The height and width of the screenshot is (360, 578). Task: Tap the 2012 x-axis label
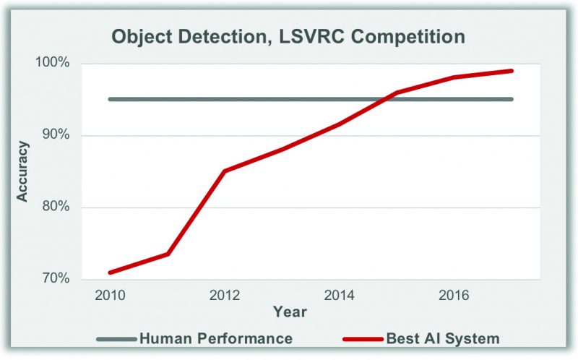click(224, 296)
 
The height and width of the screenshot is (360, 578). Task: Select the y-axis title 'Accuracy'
click(23, 171)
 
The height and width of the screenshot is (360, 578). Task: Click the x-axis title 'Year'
click(290, 312)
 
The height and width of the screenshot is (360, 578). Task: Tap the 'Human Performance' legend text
click(215, 338)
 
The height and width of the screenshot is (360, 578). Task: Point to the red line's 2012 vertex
click(224, 171)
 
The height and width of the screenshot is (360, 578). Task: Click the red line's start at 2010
click(110, 273)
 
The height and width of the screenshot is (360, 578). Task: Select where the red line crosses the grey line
click(387, 99)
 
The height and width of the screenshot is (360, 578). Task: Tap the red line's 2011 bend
click(167, 254)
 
